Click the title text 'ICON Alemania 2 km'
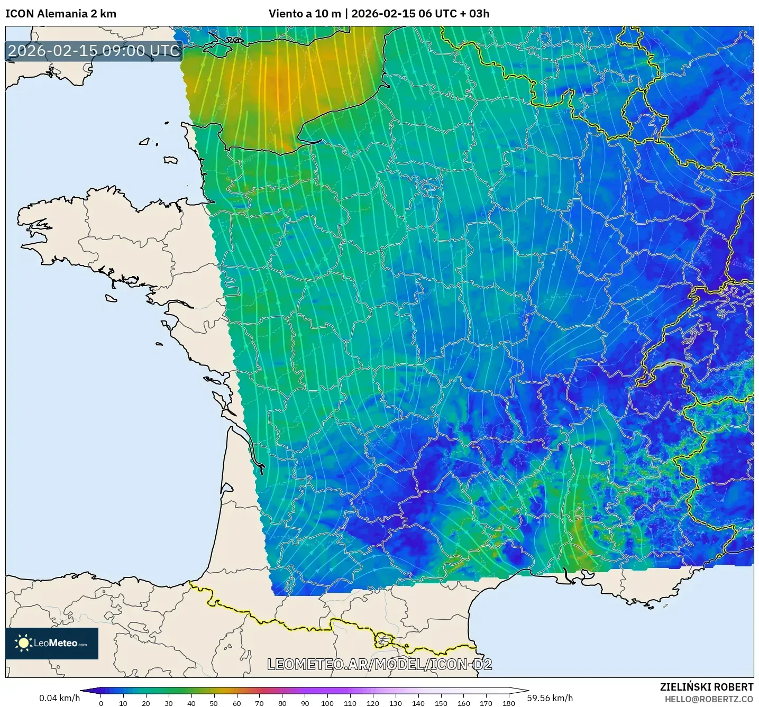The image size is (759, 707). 61,14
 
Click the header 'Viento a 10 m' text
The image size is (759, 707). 305,14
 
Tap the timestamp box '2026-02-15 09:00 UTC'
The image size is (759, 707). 94,51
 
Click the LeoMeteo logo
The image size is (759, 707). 52,643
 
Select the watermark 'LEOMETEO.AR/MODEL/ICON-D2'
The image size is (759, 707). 379,664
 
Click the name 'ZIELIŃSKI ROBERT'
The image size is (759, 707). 706,687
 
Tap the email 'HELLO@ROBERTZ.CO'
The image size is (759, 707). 709,699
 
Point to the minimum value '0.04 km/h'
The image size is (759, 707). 59,698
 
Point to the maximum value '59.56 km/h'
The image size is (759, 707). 550,698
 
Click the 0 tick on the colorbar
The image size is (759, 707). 101,703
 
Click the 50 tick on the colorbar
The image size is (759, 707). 214,703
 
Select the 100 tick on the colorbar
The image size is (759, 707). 327,703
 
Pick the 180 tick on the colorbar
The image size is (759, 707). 508,703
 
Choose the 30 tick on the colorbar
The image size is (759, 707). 169,703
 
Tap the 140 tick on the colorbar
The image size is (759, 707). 418,703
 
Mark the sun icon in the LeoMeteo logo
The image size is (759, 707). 23,643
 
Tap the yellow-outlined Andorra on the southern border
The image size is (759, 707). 383,641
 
